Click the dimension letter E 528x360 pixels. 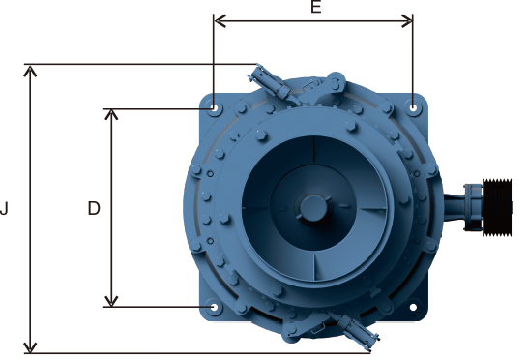pos(316,7)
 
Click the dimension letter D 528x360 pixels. pos(94,208)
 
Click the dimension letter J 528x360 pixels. pos(4,208)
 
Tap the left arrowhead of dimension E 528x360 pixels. pos(220,21)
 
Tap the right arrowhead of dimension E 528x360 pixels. pos(406,21)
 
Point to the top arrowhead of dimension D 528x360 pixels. pos(111,114)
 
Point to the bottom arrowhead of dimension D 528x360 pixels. pos(111,301)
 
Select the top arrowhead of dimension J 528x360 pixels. pos(30,72)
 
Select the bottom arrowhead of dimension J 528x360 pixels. pos(30,347)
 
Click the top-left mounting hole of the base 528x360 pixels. pos(214,107)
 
